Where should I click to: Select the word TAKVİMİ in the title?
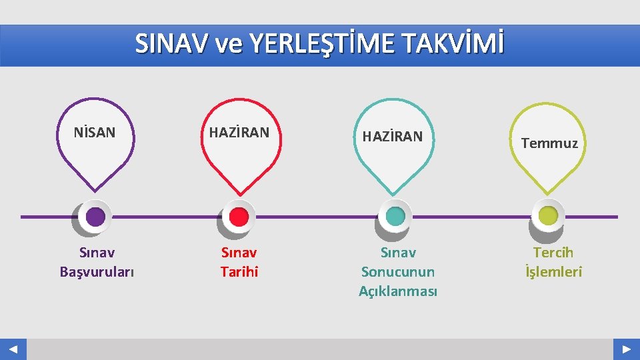pyautogui.click(x=453, y=44)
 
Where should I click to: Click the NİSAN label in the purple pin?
pyautogui.click(x=95, y=133)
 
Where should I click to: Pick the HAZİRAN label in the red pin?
pyautogui.click(x=239, y=133)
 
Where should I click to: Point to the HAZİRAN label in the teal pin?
pyautogui.click(x=392, y=137)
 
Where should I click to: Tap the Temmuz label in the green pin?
pyautogui.click(x=549, y=143)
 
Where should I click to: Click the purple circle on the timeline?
pyautogui.click(x=95, y=217)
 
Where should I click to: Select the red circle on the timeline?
pyautogui.click(x=239, y=217)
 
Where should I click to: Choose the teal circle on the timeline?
pyautogui.click(x=395, y=216)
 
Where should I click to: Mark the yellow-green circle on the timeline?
pyautogui.click(x=548, y=216)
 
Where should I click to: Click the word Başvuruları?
pyautogui.click(x=97, y=272)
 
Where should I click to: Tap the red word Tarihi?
pyautogui.click(x=239, y=272)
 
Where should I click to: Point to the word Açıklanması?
pyautogui.click(x=397, y=291)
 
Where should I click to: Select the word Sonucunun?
pyautogui.click(x=397, y=272)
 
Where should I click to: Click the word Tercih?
pyautogui.click(x=553, y=253)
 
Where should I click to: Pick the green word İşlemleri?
pyautogui.click(x=553, y=272)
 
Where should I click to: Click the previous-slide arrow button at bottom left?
pyautogui.click(x=13, y=349)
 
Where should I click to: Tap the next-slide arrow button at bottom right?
pyautogui.click(x=626, y=349)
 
